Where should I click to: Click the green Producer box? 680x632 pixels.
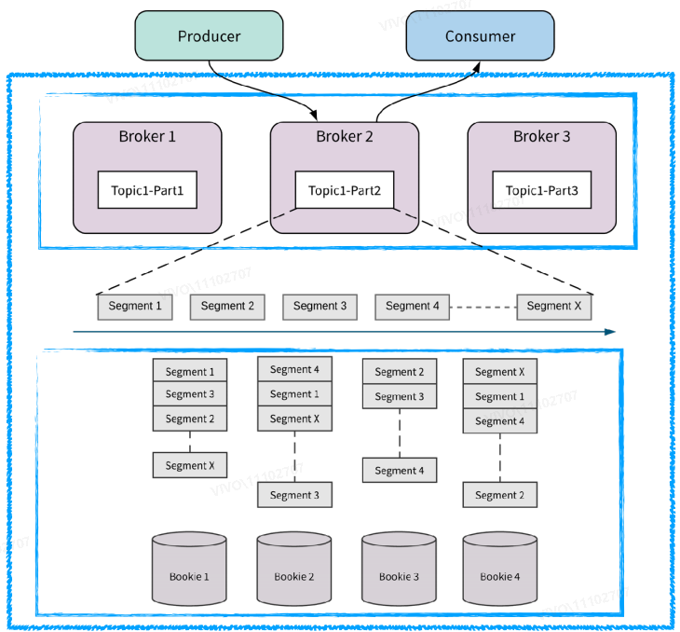pyautogui.click(x=209, y=36)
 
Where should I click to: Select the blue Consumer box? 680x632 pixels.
pyautogui.click(x=480, y=36)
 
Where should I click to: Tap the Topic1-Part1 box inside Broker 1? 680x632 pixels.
pyautogui.click(x=147, y=190)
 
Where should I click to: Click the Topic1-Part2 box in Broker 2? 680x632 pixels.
pyautogui.click(x=344, y=190)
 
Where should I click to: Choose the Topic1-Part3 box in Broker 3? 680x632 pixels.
pyautogui.click(x=541, y=190)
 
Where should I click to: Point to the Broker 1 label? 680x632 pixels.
pyautogui.click(x=147, y=136)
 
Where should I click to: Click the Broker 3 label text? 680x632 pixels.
pyautogui.click(x=541, y=136)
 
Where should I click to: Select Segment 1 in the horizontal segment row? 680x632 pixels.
pyautogui.click(x=134, y=306)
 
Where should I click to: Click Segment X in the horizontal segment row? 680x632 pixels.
pyautogui.click(x=553, y=306)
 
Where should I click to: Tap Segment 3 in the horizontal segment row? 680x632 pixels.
pyautogui.click(x=320, y=306)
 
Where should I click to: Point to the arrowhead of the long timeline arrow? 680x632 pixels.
pyautogui.click(x=610, y=331)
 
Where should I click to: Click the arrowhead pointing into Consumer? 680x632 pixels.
pyautogui.click(x=477, y=67)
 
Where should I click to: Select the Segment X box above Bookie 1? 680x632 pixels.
pyautogui.click(x=190, y=465)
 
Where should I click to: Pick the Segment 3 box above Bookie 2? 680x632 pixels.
pyautogui.click(x=294, y=495)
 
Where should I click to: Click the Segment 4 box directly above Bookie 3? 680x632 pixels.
pyautogui.click(x=399, y=471)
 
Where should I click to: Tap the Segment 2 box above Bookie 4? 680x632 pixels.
pyautogui.click(x=500, y=495)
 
